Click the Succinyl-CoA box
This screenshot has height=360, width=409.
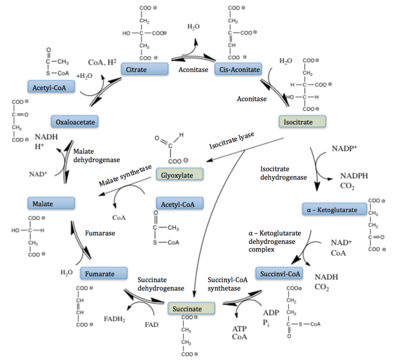pos(279,274)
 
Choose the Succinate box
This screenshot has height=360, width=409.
pos(192,309)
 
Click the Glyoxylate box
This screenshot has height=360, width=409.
pos(178,175)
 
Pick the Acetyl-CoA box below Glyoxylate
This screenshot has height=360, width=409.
pos(178,203)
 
